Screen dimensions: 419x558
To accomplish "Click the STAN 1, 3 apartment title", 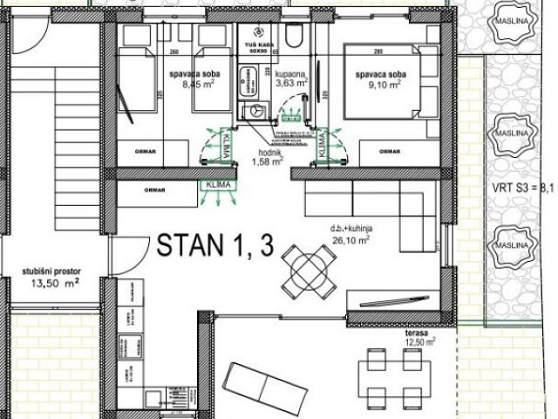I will pyautogui.click(x=215, y=247).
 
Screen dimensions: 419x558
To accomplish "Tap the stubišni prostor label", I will pyautogui.click(x=51, y=272).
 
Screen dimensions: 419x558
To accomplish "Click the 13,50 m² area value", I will pyautogui.click(x=52, y=283).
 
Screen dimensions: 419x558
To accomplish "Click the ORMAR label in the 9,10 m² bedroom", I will pyautogui.click(x=387, y=151).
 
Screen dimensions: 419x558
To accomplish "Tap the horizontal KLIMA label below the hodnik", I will pyautogui.click(x=214, y=185).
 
